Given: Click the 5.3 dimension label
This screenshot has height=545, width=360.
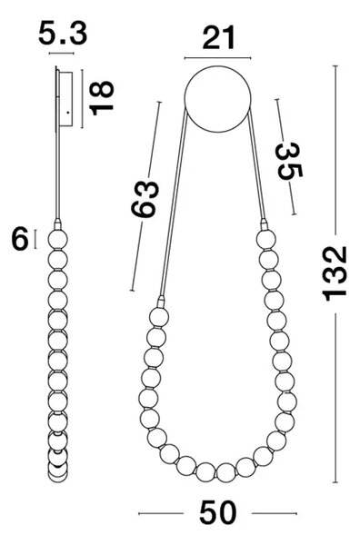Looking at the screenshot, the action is pos(63,34).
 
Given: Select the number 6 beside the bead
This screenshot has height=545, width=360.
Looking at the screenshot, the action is pos(20,238).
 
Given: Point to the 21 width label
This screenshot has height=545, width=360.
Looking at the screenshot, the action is pos(218,38).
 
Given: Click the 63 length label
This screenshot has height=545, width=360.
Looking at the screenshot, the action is pos(145,198).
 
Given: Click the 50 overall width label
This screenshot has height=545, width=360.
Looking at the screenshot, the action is pos(218,512).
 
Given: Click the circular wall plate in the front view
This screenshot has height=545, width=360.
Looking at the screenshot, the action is pos(217,99).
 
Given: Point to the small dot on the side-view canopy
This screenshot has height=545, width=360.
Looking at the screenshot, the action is pos(67,112).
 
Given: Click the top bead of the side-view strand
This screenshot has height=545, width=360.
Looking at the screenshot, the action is pos(58,239).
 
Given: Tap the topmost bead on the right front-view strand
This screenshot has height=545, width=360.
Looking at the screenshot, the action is pos(266,239).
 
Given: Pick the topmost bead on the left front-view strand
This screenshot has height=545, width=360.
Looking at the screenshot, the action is pos(159,317).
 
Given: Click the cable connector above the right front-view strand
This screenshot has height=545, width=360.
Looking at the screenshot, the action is pos(264,223).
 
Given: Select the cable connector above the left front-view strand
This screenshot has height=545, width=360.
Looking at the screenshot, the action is pos(161,302).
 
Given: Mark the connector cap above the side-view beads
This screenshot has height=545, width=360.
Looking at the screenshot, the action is pos(58,223).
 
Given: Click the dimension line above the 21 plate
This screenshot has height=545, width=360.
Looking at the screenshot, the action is pos(217,58).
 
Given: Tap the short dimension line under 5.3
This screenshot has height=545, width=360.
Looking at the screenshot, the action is pos(62,54).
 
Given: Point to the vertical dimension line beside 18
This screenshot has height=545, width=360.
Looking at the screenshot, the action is pos(83,99).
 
